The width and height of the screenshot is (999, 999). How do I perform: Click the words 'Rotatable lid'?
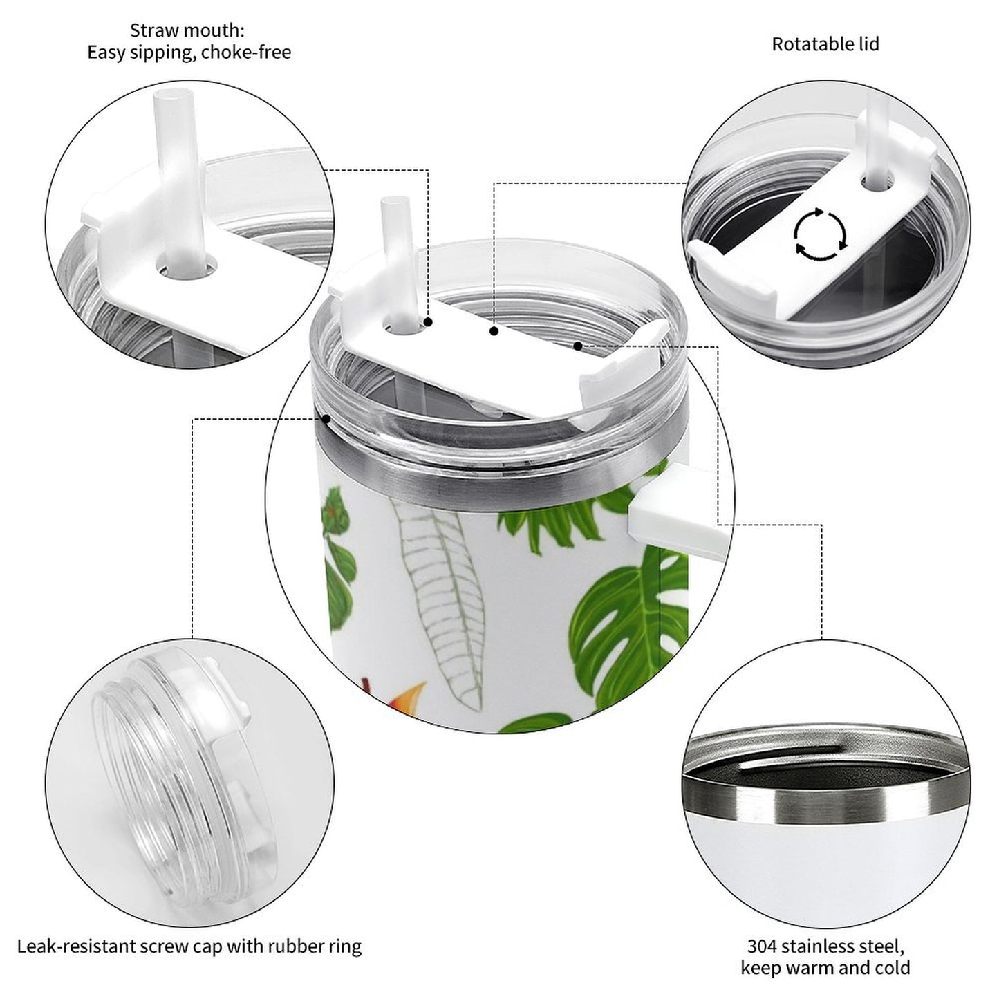(x=825, y=45)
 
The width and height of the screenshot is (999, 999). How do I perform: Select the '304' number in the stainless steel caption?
(x=761, y=945)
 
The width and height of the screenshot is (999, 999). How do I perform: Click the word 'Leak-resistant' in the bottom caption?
(x=66, y=946)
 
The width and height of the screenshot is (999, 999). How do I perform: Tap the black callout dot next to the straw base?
(x=429, y=322)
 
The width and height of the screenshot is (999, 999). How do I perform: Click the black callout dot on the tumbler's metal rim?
(x=326, y=418)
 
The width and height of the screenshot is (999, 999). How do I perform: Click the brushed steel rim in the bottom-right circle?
(x=823, y=802)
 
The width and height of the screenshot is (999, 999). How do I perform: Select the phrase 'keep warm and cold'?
(x=825, y=968)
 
